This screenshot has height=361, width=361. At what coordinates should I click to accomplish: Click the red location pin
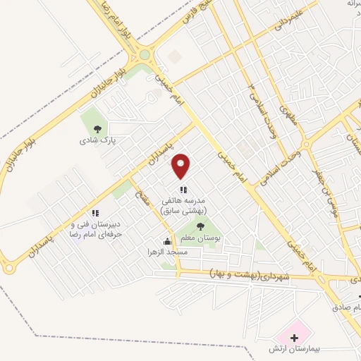click(x=182, y=165)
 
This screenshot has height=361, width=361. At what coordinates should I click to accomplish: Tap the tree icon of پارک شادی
click(x=97, y=128)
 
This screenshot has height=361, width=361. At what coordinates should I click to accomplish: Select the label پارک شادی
click(x=97, y=140)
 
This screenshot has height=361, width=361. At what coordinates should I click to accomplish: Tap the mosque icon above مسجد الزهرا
click(x=166, y=240)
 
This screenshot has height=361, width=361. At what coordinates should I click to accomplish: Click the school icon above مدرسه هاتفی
click(x=183, y=189)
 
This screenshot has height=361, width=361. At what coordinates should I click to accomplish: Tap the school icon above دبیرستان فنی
click(x=94, y=213)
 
